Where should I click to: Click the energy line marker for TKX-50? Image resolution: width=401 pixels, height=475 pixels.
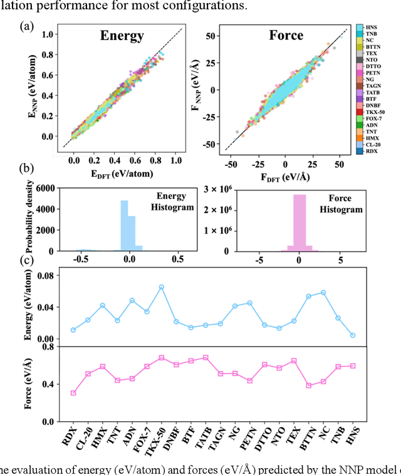point(161,287)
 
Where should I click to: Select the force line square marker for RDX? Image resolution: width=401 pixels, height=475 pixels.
point(73,393)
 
